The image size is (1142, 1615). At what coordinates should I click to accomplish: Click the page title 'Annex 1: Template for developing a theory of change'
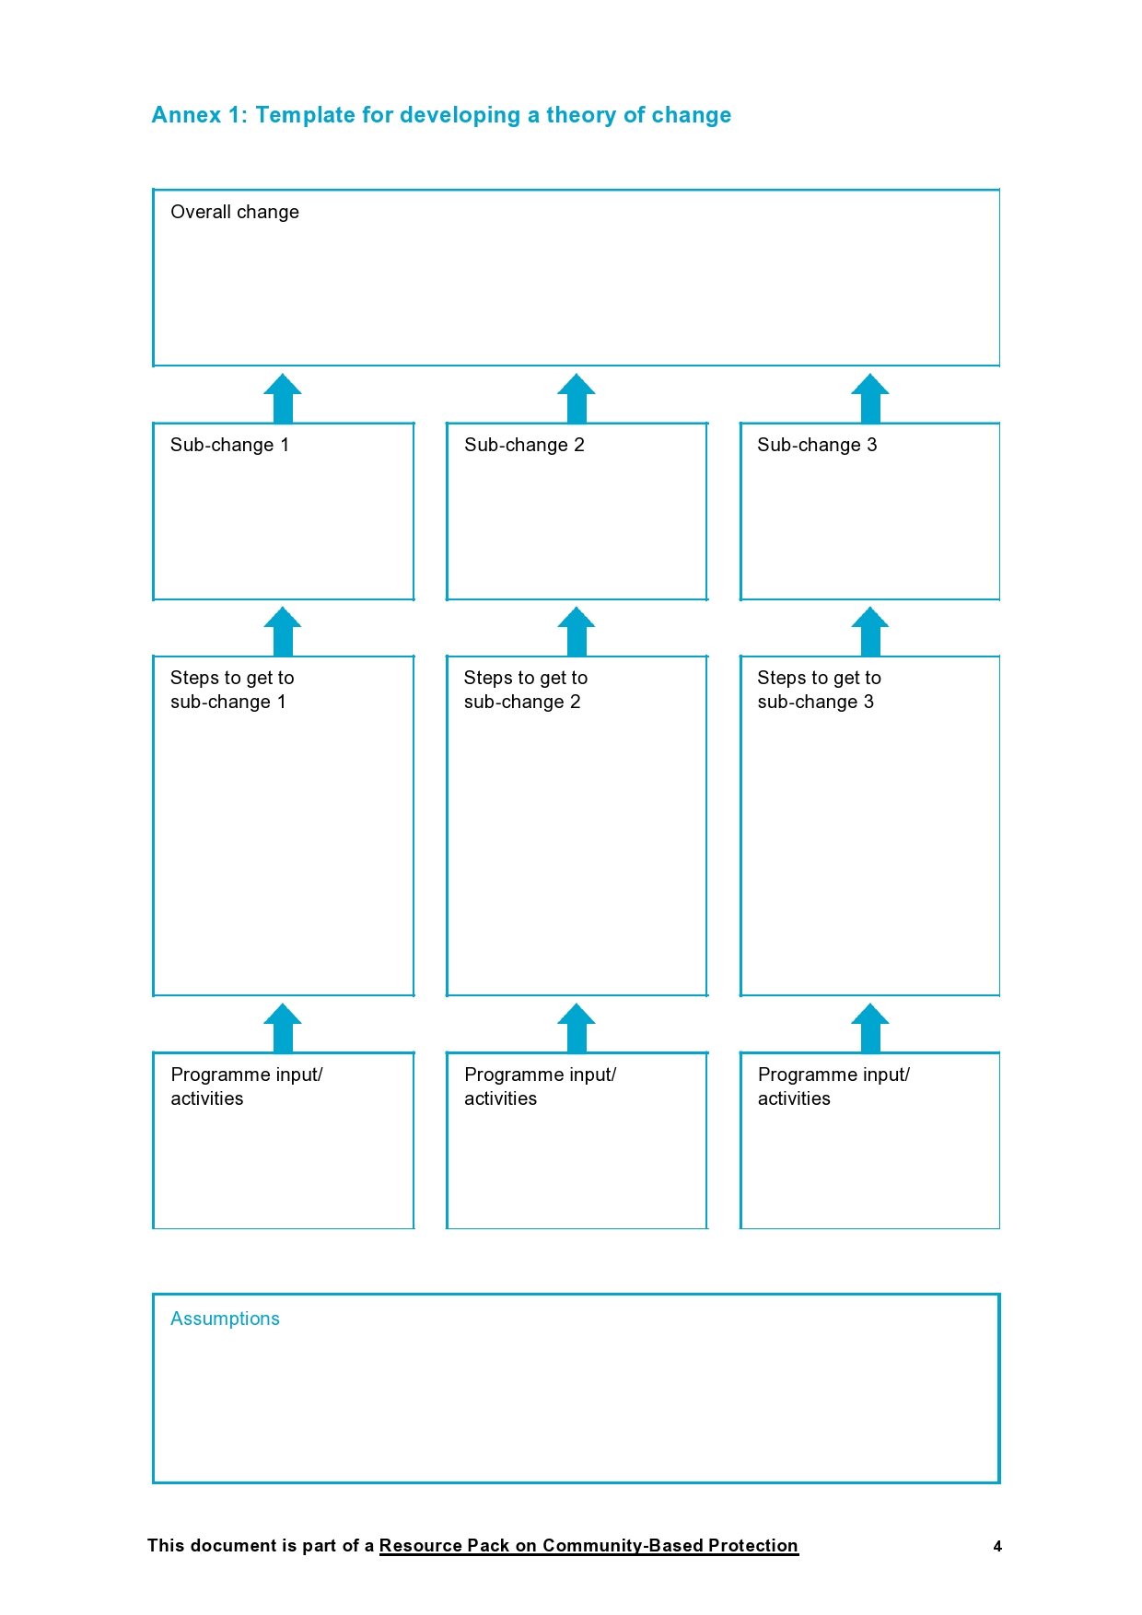441,115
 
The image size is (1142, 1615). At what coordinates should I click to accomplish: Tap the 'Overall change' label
235,212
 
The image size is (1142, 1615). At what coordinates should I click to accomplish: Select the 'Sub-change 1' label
229,445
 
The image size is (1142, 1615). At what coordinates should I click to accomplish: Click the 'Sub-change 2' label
524,445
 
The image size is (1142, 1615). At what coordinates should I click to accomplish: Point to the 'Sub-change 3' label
817,445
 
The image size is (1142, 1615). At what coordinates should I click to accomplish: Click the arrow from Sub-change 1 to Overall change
283,398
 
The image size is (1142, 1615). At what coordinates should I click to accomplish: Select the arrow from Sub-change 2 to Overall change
577,398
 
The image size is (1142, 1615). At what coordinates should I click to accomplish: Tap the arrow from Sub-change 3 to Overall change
870,398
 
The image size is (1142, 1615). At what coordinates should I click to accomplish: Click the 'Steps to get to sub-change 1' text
232,690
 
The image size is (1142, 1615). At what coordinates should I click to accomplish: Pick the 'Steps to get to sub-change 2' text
526,690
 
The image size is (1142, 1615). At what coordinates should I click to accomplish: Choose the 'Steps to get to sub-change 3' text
819,690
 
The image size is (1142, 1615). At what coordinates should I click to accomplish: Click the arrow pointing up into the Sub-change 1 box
283,631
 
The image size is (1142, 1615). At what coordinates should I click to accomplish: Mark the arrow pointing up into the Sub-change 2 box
577,631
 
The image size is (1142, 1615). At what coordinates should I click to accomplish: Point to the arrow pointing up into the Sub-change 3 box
870,631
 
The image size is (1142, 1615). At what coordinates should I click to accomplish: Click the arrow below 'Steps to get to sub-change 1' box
283,1028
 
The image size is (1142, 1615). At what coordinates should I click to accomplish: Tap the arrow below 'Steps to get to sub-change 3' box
870,1028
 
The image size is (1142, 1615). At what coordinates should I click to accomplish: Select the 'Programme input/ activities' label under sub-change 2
540,1086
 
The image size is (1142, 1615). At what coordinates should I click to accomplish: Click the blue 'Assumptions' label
225,1319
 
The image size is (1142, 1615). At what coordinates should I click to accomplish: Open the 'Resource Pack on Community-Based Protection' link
588,1546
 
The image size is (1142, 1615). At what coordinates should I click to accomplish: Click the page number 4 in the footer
997,1547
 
